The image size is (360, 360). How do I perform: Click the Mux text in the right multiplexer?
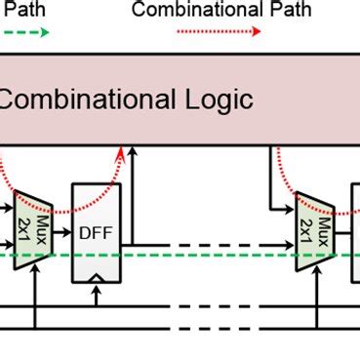[323, 230]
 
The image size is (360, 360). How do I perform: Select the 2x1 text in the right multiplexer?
[306, 231]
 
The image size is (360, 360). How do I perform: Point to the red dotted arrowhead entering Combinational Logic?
[123, 149]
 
